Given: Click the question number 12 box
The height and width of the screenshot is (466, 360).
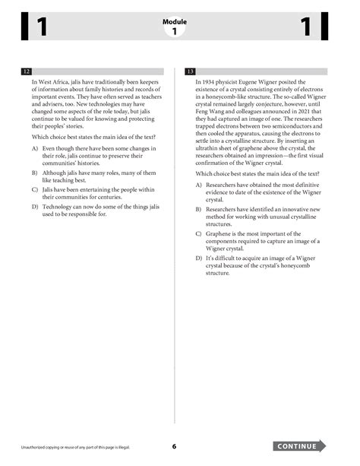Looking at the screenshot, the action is point(27,71).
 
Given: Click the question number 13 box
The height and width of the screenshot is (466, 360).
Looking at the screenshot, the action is point(191,71).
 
